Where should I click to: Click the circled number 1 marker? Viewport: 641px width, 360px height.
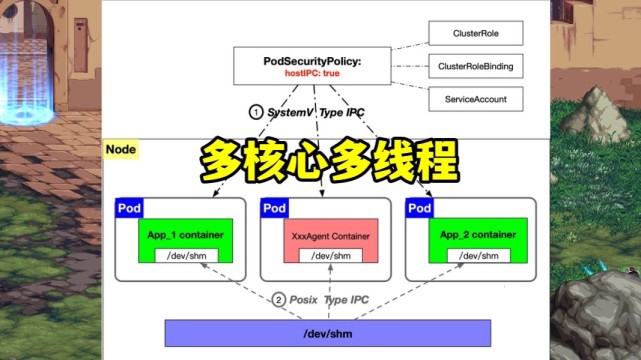(257, 112)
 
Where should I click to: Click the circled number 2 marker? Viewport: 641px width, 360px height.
(280, 298)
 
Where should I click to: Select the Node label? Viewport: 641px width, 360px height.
(121, 150)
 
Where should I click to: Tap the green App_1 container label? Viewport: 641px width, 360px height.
(185, 235)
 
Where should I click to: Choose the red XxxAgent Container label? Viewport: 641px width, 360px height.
(330, 237)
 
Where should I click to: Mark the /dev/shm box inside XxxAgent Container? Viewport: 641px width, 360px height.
(330, 257)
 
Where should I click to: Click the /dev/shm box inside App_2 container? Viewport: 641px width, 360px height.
(475, 256)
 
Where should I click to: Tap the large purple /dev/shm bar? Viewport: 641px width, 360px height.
(327, 333)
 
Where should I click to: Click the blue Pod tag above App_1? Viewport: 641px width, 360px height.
(129, 208)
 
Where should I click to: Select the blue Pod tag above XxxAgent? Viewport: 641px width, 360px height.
(274, 208)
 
